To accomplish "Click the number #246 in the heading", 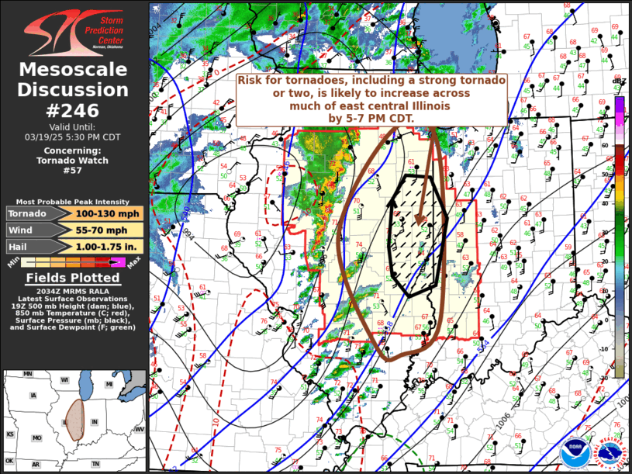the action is coord(73,109).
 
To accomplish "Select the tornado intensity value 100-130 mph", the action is coord(109,213).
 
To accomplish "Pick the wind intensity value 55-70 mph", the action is coord(109,230).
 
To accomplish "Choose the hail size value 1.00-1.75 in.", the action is coord(109,247).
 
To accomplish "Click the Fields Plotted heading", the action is coord(73,278).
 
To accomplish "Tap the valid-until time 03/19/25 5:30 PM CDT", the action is coord(73,137).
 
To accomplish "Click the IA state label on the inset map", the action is coord(32,395).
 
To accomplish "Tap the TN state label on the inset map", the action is coord(95,464).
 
